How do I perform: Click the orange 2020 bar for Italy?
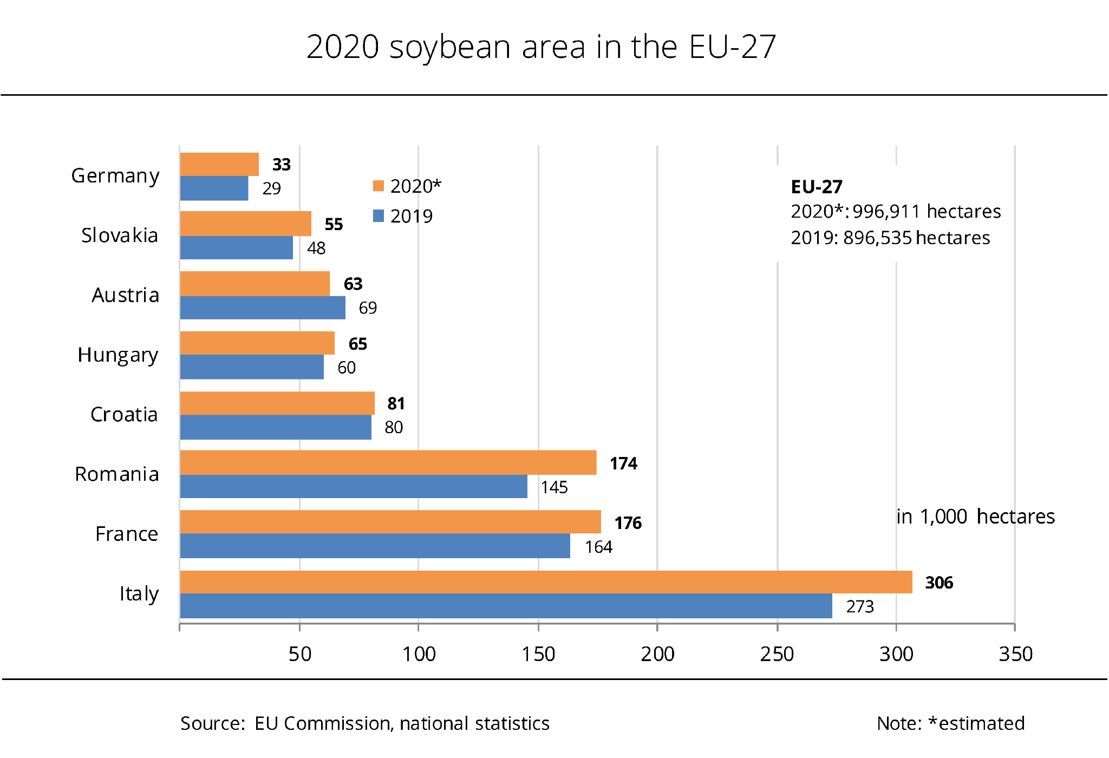[546, 582]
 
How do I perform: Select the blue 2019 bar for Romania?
[354, 486]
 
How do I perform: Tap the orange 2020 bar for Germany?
[219, 164]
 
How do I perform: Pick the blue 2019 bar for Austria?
[263, 308]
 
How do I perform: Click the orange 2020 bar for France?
[390, 522]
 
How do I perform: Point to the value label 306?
[939, 583]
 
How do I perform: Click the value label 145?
[554, 487]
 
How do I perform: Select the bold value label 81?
[396, 403]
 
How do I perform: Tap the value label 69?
[368, 308]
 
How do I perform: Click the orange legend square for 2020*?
[379, 186]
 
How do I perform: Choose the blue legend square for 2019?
[379, 216]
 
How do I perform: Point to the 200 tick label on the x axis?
[657, 654]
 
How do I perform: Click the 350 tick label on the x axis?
[1015, 654]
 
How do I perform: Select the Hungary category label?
[118, 355]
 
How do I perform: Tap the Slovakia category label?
[120, 236]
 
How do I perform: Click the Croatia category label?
[124, 415]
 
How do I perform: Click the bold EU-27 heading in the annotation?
[817, 187]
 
